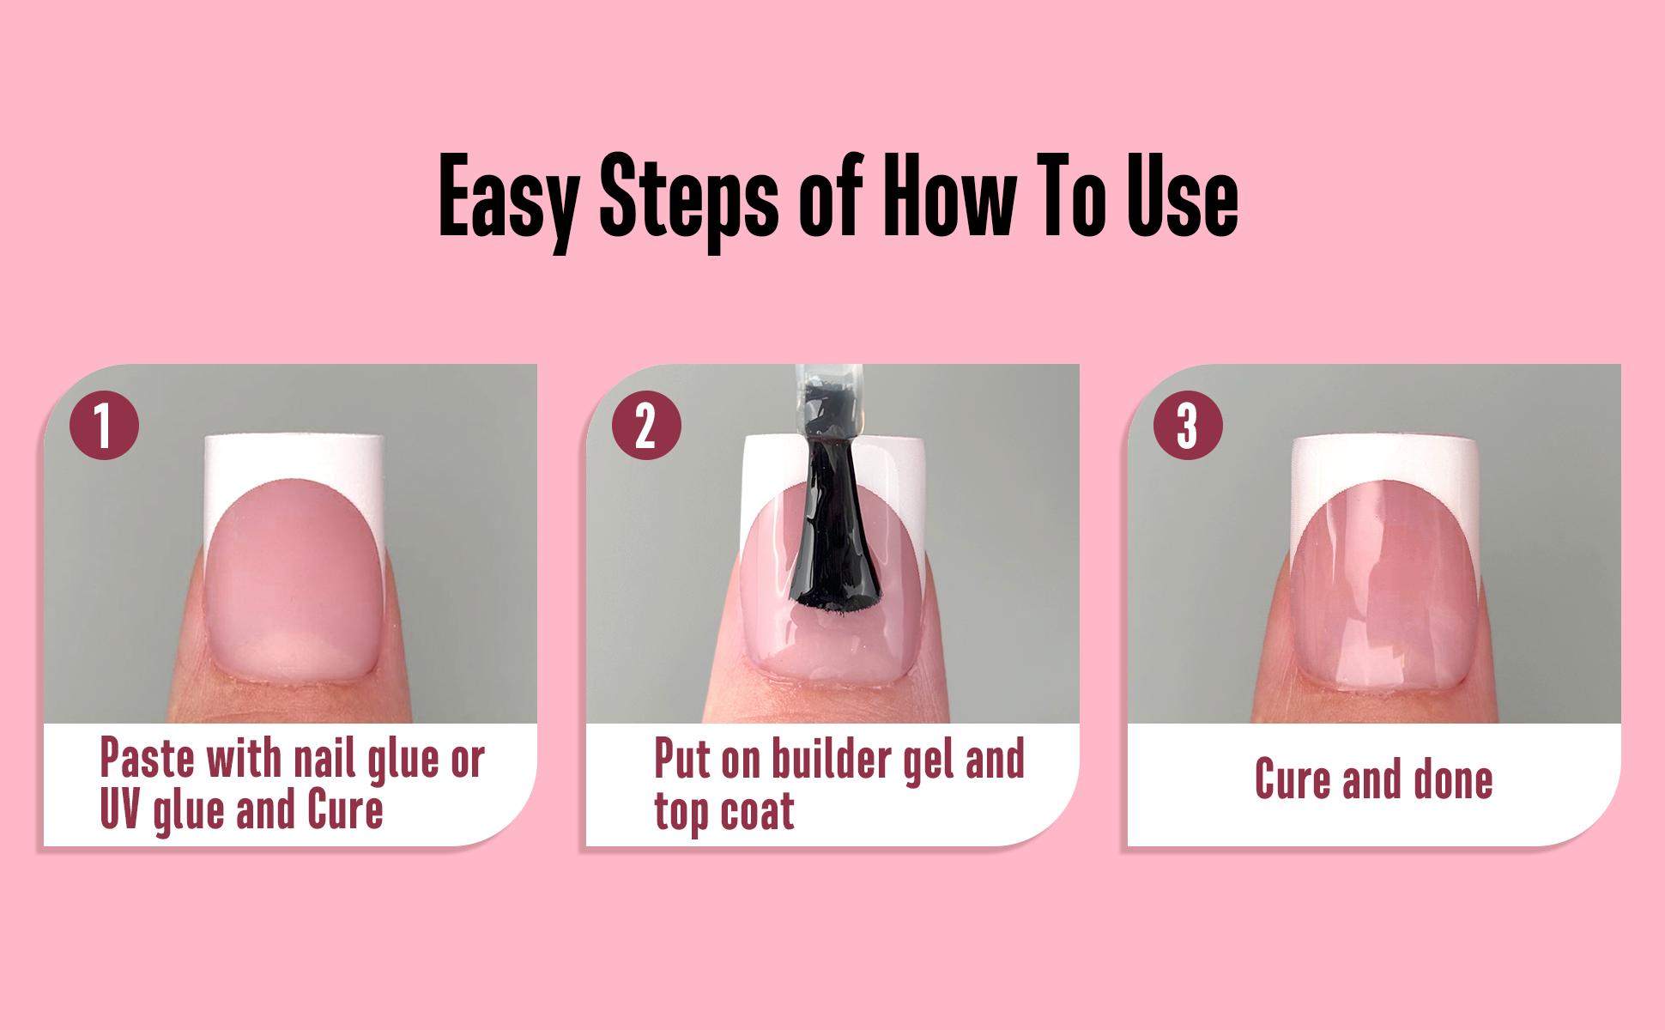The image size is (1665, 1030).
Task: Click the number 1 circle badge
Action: [x=103, y=424]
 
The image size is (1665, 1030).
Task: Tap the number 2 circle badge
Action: [x=645, y=424]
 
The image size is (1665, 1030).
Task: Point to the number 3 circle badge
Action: [x=1188, y=424]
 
